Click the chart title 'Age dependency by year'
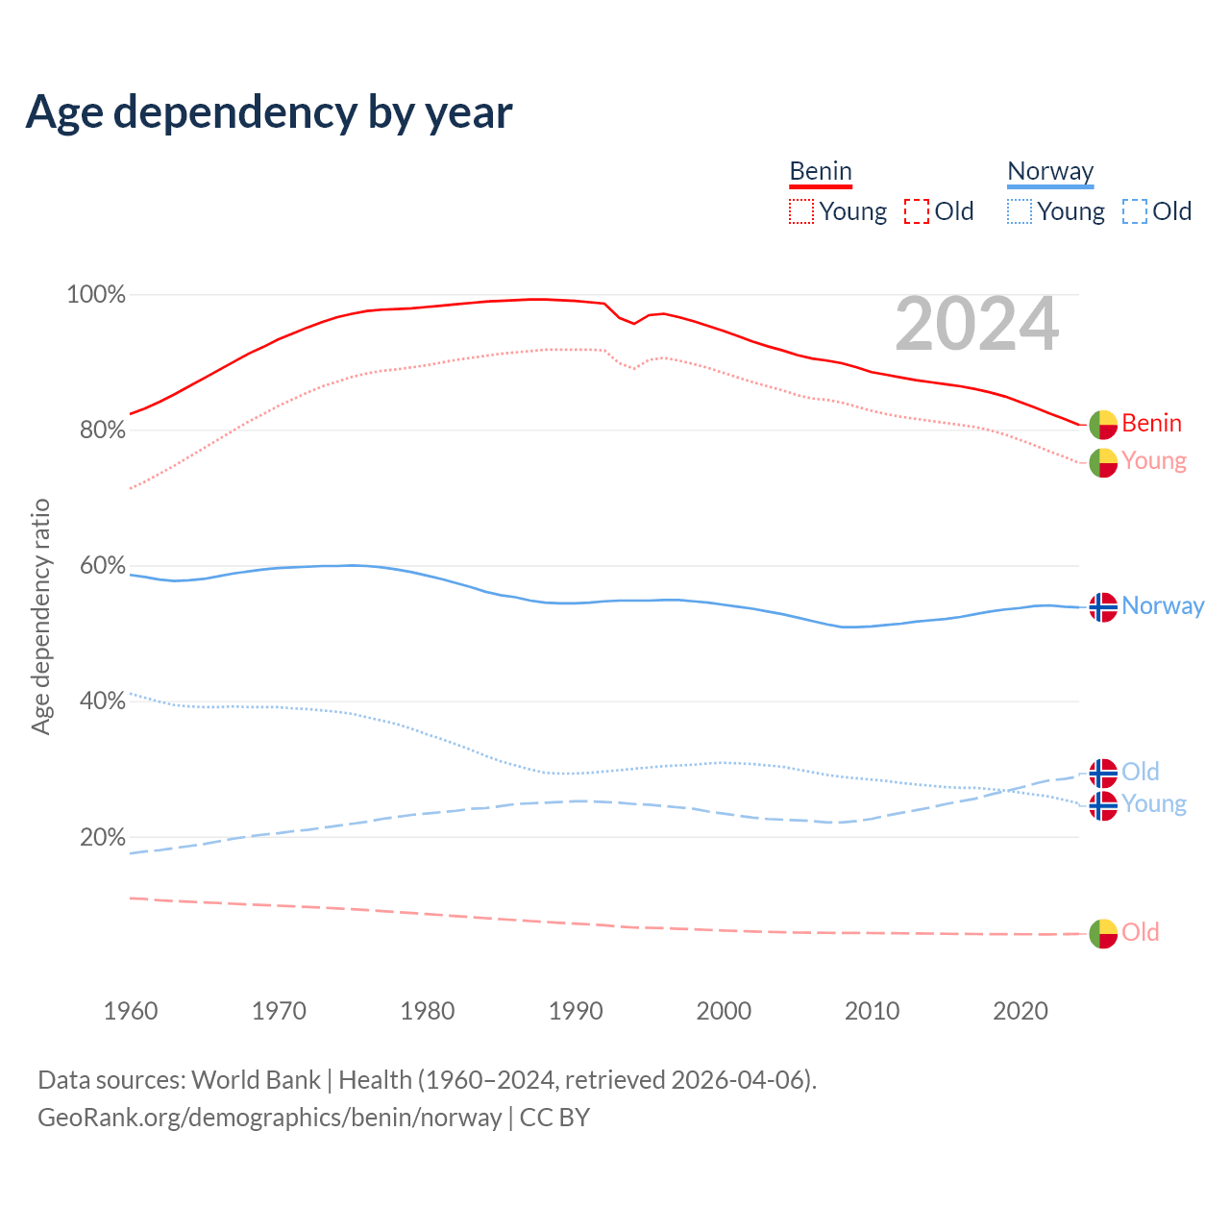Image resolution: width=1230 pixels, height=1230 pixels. point(269,112)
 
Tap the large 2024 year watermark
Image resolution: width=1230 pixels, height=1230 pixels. point(976,325)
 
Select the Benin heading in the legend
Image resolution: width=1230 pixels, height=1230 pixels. point(821,171)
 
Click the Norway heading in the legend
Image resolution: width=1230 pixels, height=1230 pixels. point(1050,171)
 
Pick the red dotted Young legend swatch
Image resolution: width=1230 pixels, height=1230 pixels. point(800,211)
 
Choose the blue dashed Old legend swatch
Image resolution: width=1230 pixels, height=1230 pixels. point(1134,211)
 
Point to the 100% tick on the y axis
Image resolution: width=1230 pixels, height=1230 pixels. point(96,295)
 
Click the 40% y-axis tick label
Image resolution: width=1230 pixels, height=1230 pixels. point(102,701)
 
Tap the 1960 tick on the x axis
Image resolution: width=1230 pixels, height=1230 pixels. point(131,1011)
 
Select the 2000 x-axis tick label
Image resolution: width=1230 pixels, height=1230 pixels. point(724,1011)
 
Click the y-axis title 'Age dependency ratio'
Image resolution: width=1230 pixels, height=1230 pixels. point(40,616)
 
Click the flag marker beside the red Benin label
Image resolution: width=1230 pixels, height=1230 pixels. point(1103,424)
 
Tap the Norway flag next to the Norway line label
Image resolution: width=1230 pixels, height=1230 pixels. point(1103,607)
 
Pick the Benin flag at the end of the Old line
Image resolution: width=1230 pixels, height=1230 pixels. point(1103,933)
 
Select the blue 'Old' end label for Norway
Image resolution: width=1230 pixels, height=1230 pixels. point(1141,772)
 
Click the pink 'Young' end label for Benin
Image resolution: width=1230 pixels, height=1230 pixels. point(1154,461)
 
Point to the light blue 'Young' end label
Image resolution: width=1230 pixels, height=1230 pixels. point(1154,803)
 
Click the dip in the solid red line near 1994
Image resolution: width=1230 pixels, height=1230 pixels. point(633,323)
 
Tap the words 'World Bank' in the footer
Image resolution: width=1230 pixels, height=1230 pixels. point(256,1080)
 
